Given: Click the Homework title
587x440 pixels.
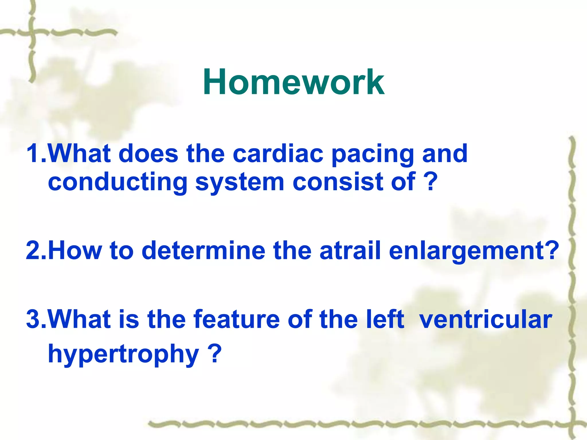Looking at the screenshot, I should [x=293, y=82].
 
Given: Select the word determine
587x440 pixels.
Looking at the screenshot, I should [x=204, y=250].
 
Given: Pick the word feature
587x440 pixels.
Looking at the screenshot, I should [x=236, y=319].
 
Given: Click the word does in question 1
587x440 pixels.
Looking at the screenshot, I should [x=148, y=154].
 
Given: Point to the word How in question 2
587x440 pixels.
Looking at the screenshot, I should [x=76, y=250].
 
